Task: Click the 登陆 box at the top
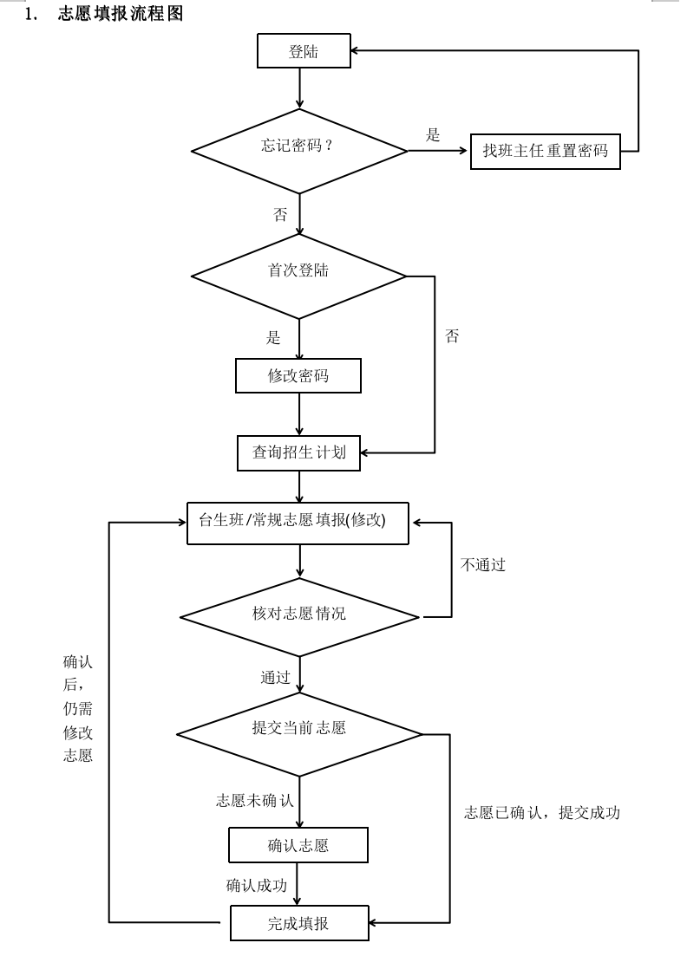(x=304, y=52)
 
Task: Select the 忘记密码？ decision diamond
(x=299, y=151)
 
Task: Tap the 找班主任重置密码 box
(x=546, y=152)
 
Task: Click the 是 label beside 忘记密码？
(x=433, y=135)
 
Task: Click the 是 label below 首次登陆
(x=273, y=338)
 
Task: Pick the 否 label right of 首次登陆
(x=451, y=336)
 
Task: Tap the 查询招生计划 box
(x=298, y=452)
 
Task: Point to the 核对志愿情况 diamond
(x=299, y=617)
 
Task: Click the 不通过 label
(x=483, y=565)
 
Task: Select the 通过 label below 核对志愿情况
(x=275, y=678)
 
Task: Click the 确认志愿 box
(x=298, y=845)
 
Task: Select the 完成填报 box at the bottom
(x=298, y=924)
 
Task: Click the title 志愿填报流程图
(x=121, y=14)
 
